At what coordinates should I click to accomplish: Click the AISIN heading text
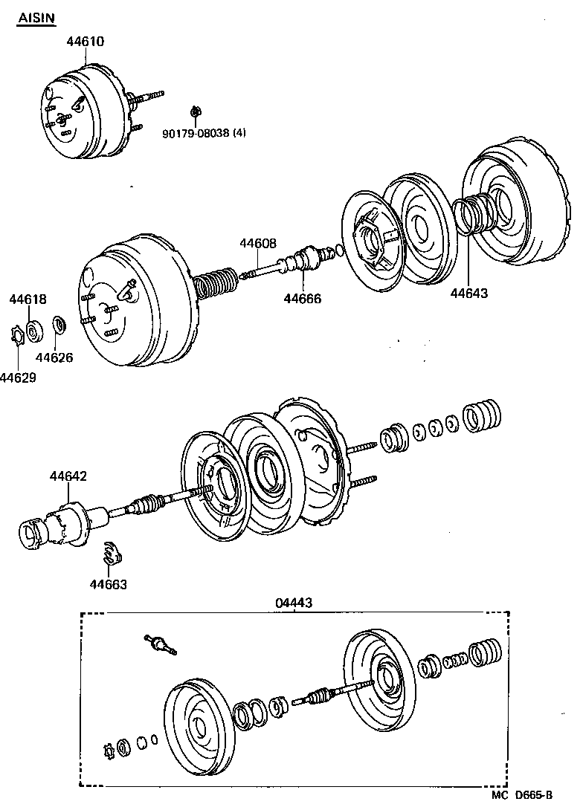click(x=36, y=17)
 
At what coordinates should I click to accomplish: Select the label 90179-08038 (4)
click(x=204, y=134)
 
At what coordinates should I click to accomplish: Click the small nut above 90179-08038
click(x=196, y=112)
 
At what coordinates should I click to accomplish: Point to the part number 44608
click(x=257, y=243)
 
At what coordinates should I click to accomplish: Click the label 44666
click(x=302, y=299)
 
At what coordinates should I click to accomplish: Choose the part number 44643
click(x=469, y=293)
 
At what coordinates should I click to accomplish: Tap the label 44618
click(x=28, y=299)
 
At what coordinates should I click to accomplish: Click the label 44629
click(x=18, y=378)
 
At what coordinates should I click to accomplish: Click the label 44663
click(x=109, y=584)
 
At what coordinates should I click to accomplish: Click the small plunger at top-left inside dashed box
click(x=160, y=644)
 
